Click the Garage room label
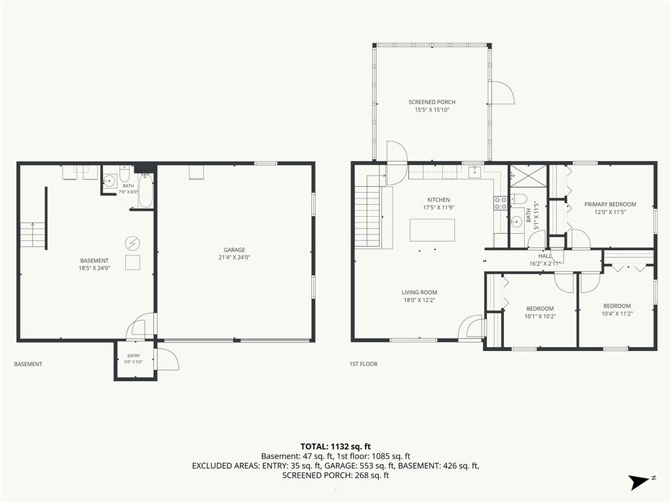(234, 250)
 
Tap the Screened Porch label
(432, 102)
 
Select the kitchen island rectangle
(432, 230)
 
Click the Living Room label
(419, 293)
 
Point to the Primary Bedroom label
(610, 204)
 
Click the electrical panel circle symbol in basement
(132, 244)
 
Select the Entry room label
(134, 356)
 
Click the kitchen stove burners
(501, 203)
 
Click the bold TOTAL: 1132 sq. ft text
(335, 447)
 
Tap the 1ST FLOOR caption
(363, 364)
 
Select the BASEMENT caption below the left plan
(28, 364)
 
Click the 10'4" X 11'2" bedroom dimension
(617, 314)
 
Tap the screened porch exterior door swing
(501, 92)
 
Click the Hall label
(545, 256)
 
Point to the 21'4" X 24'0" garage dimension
(234, 257)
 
